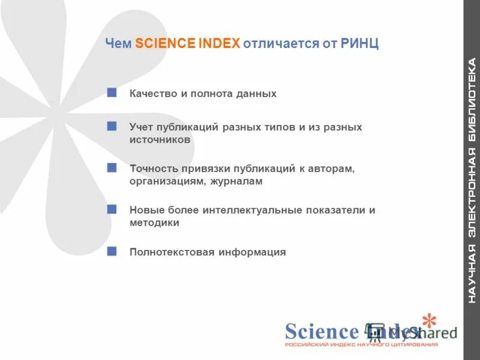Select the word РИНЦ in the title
coord(359,43)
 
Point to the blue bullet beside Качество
coord(112,92)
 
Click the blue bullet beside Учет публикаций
coord(112,126)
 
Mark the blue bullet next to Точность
coord(112,167)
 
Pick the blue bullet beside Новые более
coord(112,209)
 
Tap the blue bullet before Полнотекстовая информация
coord(112,250)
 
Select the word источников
coord(160,140)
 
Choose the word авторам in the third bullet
coord(334,169)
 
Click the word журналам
coord(236,181)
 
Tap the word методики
coord(155,223)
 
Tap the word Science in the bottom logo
coord(322,331)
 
